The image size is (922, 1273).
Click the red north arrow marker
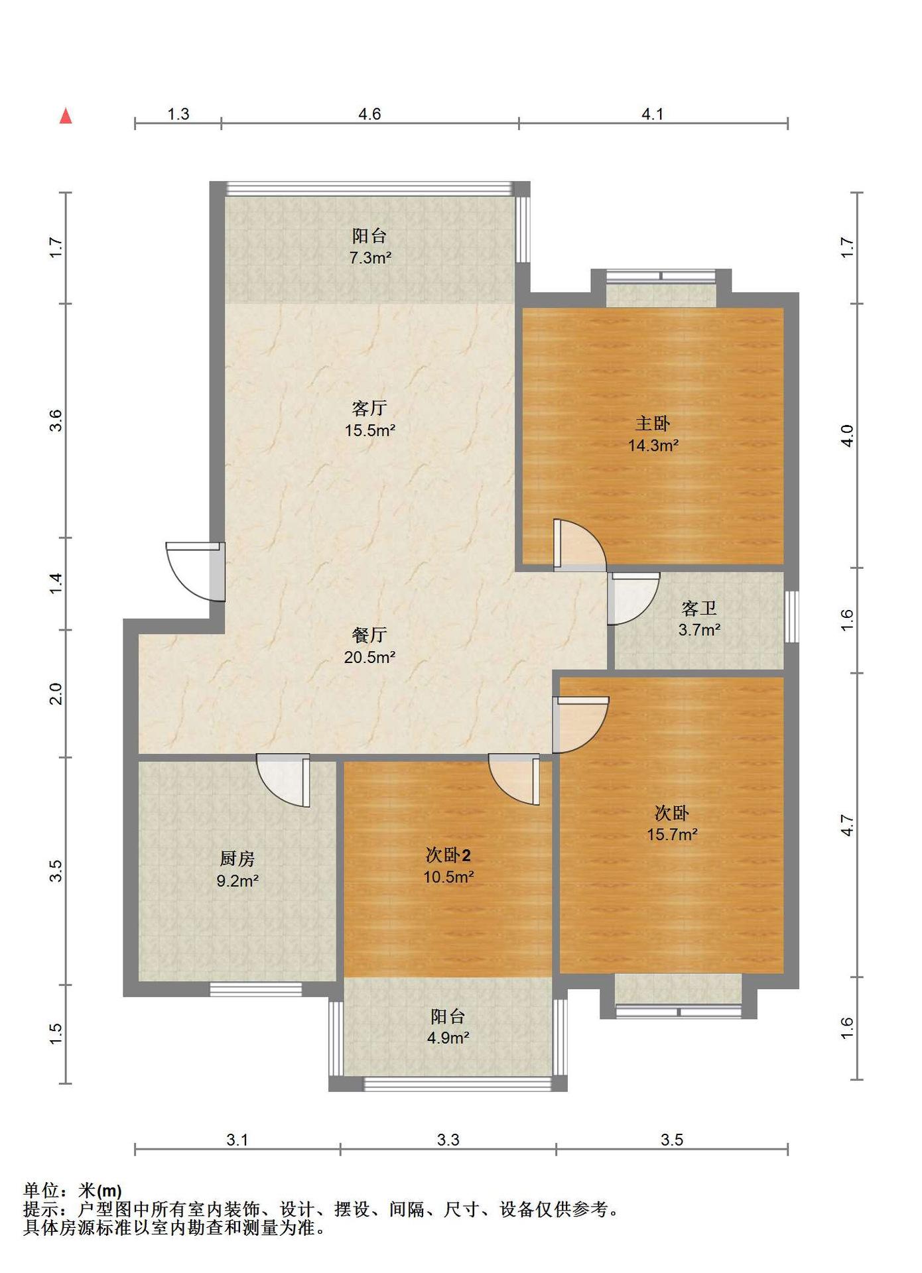[x=66, y=116]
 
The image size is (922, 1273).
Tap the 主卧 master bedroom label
[x=653, y=423]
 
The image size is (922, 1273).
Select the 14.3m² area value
[x=653, y=446]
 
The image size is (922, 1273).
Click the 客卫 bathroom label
[x=699, y=607]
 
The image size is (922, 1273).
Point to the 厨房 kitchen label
[x=237, y=859]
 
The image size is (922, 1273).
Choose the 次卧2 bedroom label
[x=448, y=855]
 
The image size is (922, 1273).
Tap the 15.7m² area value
[x=672, y=835]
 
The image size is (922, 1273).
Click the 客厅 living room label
[x=369, y=407]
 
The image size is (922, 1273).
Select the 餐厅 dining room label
[x=369, y=635]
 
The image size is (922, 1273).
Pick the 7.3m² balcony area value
[x=370, y=258]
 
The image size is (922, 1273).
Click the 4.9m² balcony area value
[x=448, y=1038]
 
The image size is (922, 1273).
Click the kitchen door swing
[x=283, y=780]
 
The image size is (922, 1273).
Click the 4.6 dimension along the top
[x=370, y=114]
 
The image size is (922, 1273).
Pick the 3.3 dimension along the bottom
[x=448, y=1140]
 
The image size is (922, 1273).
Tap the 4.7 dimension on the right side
[x=847, y=825]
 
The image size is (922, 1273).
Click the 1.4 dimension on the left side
[x=56, y=583]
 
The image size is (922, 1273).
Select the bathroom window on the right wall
[x=791, y=617]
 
